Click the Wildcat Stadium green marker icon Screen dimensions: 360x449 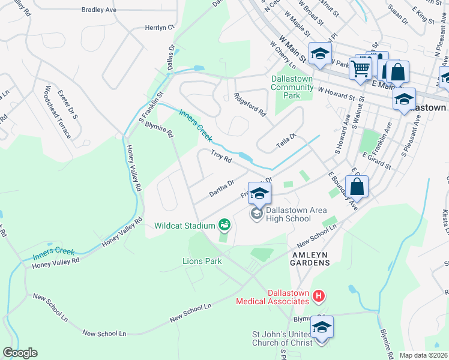(x=224, y=226)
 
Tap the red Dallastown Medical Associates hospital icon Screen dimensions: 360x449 (x=319, y=296)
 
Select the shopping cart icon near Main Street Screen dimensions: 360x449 (x=360, y=69)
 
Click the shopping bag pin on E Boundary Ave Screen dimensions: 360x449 (x=357, y=187)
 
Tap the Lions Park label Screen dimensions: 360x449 (x=202, y=261)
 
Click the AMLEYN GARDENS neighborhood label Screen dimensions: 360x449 (x=310, y=259)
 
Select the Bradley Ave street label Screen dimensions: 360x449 (x=98, y=10)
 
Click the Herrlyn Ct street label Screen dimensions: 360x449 (x=159, y=28)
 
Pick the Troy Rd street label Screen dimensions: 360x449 (x=221, y=157)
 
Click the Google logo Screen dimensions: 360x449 (x=20, y=353)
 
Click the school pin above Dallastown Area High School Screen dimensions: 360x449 (x=259, y=194)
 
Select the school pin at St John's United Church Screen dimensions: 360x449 (x=321, y=328)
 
